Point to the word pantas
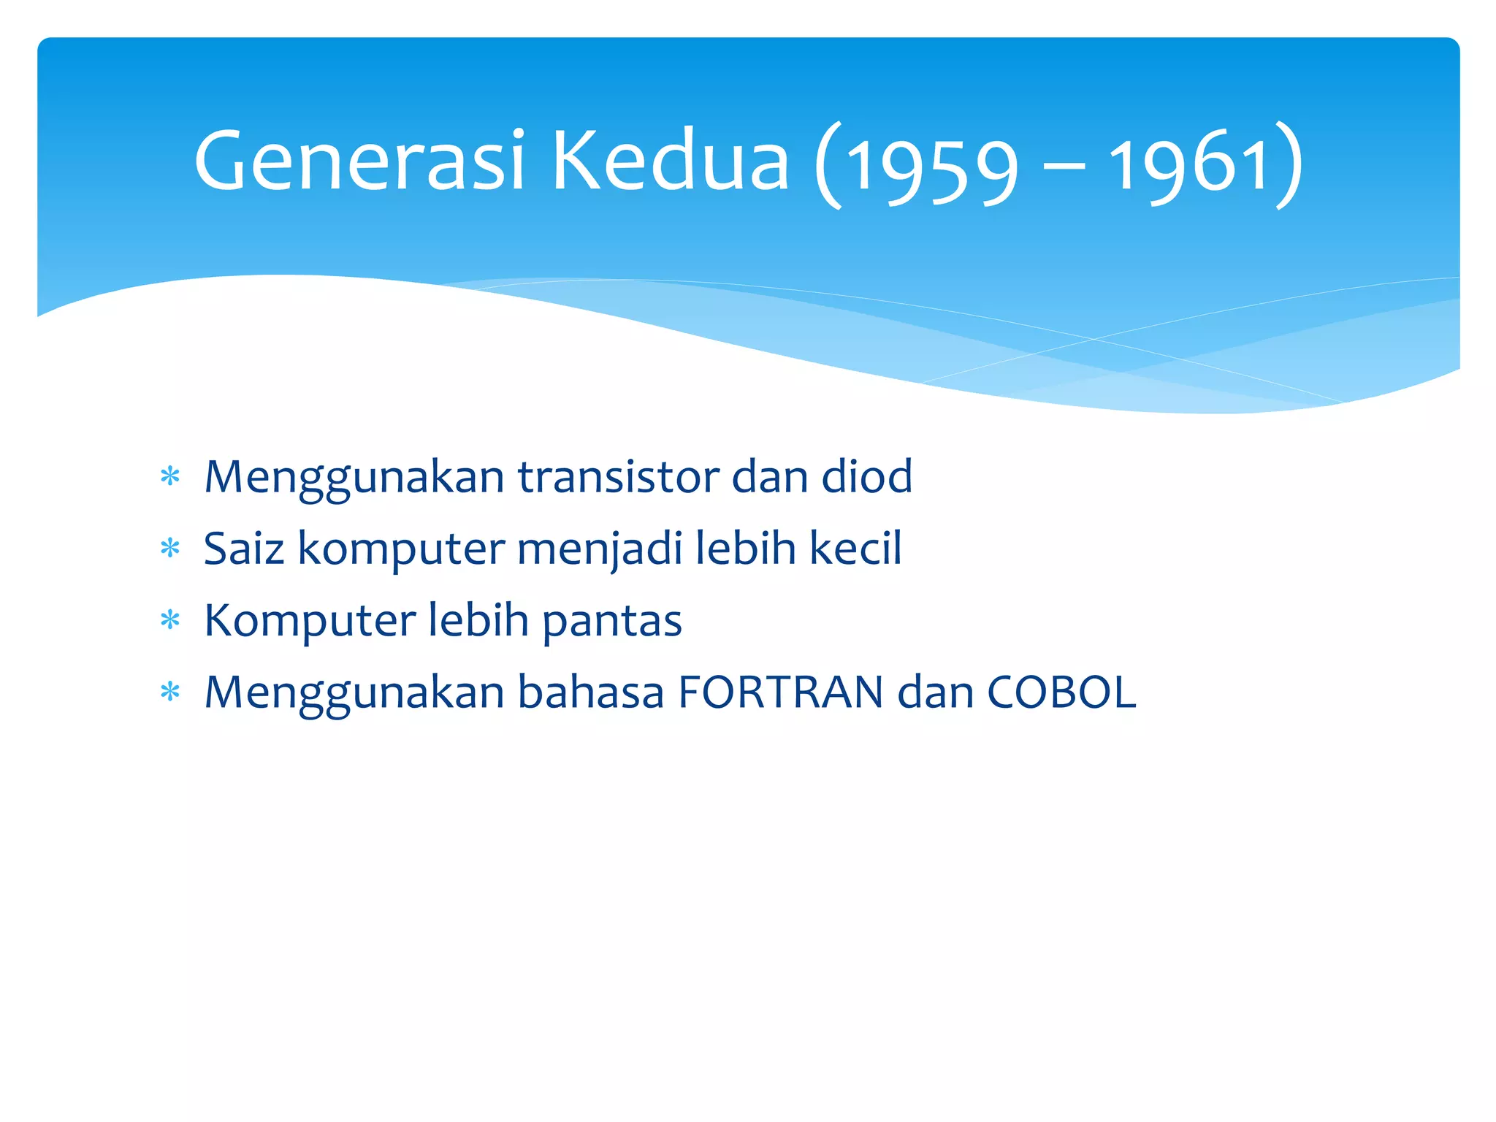coord(611,621)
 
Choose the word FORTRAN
coord(780,692)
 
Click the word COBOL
coord(1061,692)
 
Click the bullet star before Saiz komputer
coord(170,548)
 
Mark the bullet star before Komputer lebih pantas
coord(170,620)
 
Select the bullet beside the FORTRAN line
coord(170,691)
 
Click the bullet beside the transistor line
coord(170,477)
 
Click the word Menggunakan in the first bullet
coord(354,478)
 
